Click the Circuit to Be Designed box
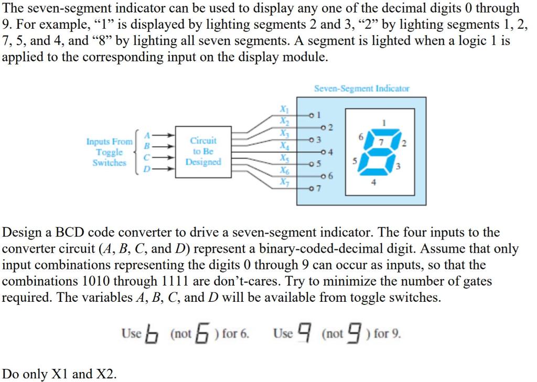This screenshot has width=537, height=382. tap(203, 151)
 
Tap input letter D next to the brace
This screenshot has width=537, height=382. tap(147, 169)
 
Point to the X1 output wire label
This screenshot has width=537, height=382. tap(284, 110)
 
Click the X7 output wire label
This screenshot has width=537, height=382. tap(284, 182)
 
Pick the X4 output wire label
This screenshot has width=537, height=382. tap(284, 145)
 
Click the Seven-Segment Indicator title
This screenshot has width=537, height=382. tap(361, 89)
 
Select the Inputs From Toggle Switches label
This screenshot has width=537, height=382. tap(110, 152)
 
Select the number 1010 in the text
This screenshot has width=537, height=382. tap(100, 281)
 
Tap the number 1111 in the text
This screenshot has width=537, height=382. tap(173, 281)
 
